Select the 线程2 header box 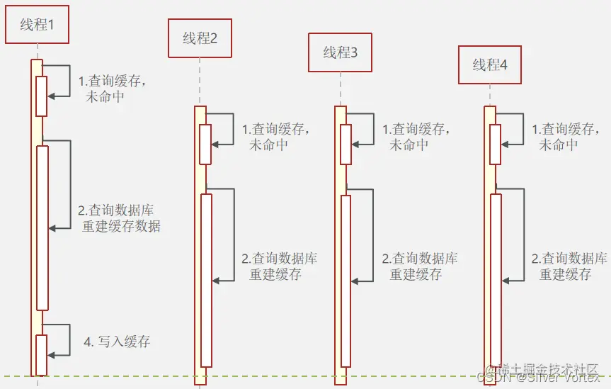point(200,38)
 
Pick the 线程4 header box point(490,65)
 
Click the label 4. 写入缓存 point(118,342)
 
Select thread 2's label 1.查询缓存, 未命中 point(276,137)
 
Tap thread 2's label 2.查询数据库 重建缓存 point(280,266)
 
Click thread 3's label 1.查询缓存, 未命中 point(416,137)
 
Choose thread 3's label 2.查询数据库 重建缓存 point(420,266)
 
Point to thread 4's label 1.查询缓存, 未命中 point(566,137)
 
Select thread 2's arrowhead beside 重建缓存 point(217,281)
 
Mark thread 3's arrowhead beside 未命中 point(356,144)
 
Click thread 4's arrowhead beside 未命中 point(506,144)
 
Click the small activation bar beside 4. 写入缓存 point(41,354)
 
